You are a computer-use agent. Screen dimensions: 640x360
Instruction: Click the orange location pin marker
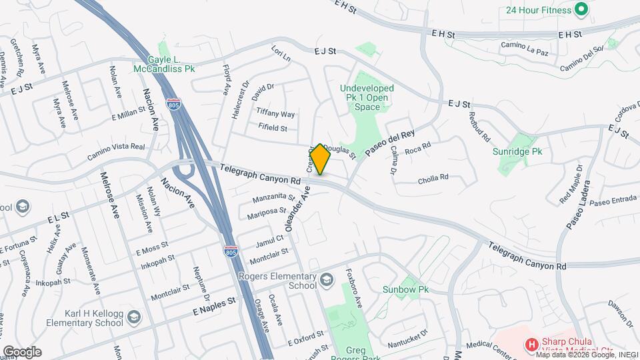(320, 159)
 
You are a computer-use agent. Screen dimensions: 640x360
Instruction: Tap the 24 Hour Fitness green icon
(581, 9)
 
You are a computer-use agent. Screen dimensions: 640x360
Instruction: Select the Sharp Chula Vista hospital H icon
(531, 345)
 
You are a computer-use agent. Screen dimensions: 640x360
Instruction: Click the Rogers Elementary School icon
(325, 279)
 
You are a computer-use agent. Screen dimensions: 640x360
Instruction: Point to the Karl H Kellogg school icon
(134, 316)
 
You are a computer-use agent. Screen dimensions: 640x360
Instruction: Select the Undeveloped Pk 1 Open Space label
(367, 97)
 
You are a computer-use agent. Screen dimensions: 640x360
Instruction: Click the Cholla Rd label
(433, 179)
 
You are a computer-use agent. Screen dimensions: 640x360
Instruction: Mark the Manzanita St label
(273, 198)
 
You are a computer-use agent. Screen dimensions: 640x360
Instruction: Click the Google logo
(22, 351)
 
